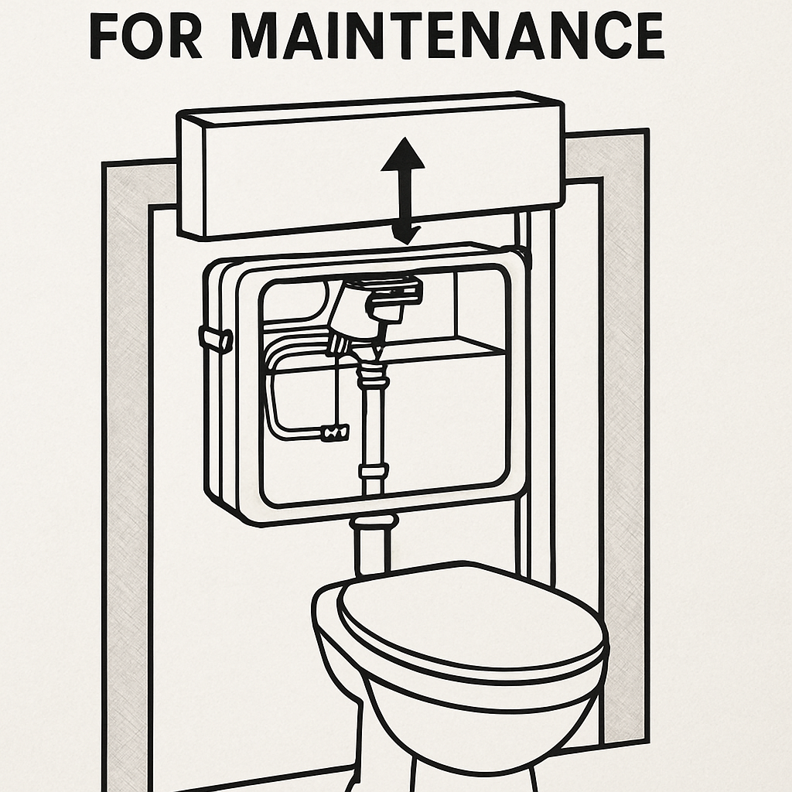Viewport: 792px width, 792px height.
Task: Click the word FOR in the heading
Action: pyautogui.click(x=145, y=36)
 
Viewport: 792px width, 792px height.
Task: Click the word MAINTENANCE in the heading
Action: pyautogui.click(x=448, y=36)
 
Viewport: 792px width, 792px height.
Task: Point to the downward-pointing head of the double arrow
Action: pyautogui.click(x=407, y=235)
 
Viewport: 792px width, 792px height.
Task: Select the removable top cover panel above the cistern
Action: pyautogui.click(x=370, y=165)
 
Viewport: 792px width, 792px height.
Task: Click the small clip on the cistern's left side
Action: pyautogui.click(x=216, y=339)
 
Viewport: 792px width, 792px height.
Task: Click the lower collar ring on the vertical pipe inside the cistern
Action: pyautogui.click(x=374, y=472)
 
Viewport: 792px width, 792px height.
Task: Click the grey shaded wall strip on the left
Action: pyautogui.click(x=126, y=475)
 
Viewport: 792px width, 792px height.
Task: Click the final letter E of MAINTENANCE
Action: pyautogui.click(x=648, y=36)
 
